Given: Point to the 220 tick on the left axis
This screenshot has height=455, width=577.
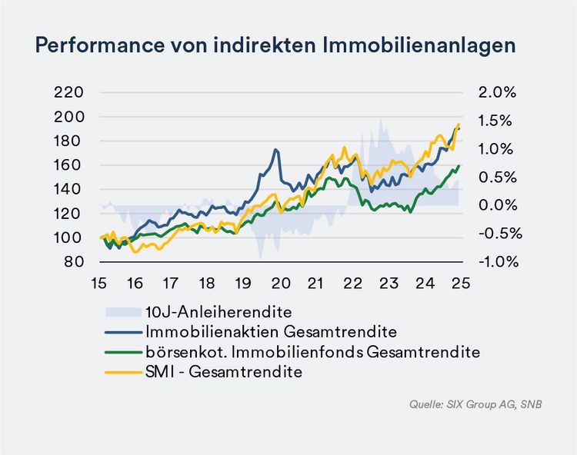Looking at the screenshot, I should pyautogui.click(x=70, y=92).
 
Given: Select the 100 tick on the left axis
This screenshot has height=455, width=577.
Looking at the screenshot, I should pyautogui.click(x=70, y=237).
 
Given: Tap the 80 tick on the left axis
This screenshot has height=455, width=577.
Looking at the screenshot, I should pyautogui.click(x=74, y=261).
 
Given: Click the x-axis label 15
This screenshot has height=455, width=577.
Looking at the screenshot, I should pyautogui.click(x=98, y=282).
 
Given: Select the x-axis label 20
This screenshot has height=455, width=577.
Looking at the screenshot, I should pyautogui.click(x=280, y=282).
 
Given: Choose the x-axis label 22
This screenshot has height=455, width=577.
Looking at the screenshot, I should pyautogui.click(x=352, y=282).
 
